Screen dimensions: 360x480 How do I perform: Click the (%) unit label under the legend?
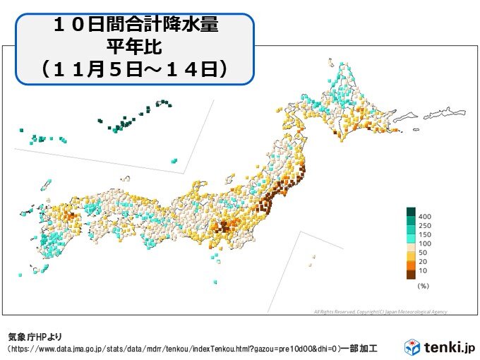click(424, 286)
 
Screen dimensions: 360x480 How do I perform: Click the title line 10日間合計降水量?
click(136, 28)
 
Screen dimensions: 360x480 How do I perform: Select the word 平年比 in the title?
click(136, 47)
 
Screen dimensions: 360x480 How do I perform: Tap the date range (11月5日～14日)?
click(136, 68)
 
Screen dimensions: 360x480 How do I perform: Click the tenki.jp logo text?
click(449, 347)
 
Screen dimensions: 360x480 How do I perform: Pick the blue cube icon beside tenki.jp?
click(412, 347)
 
